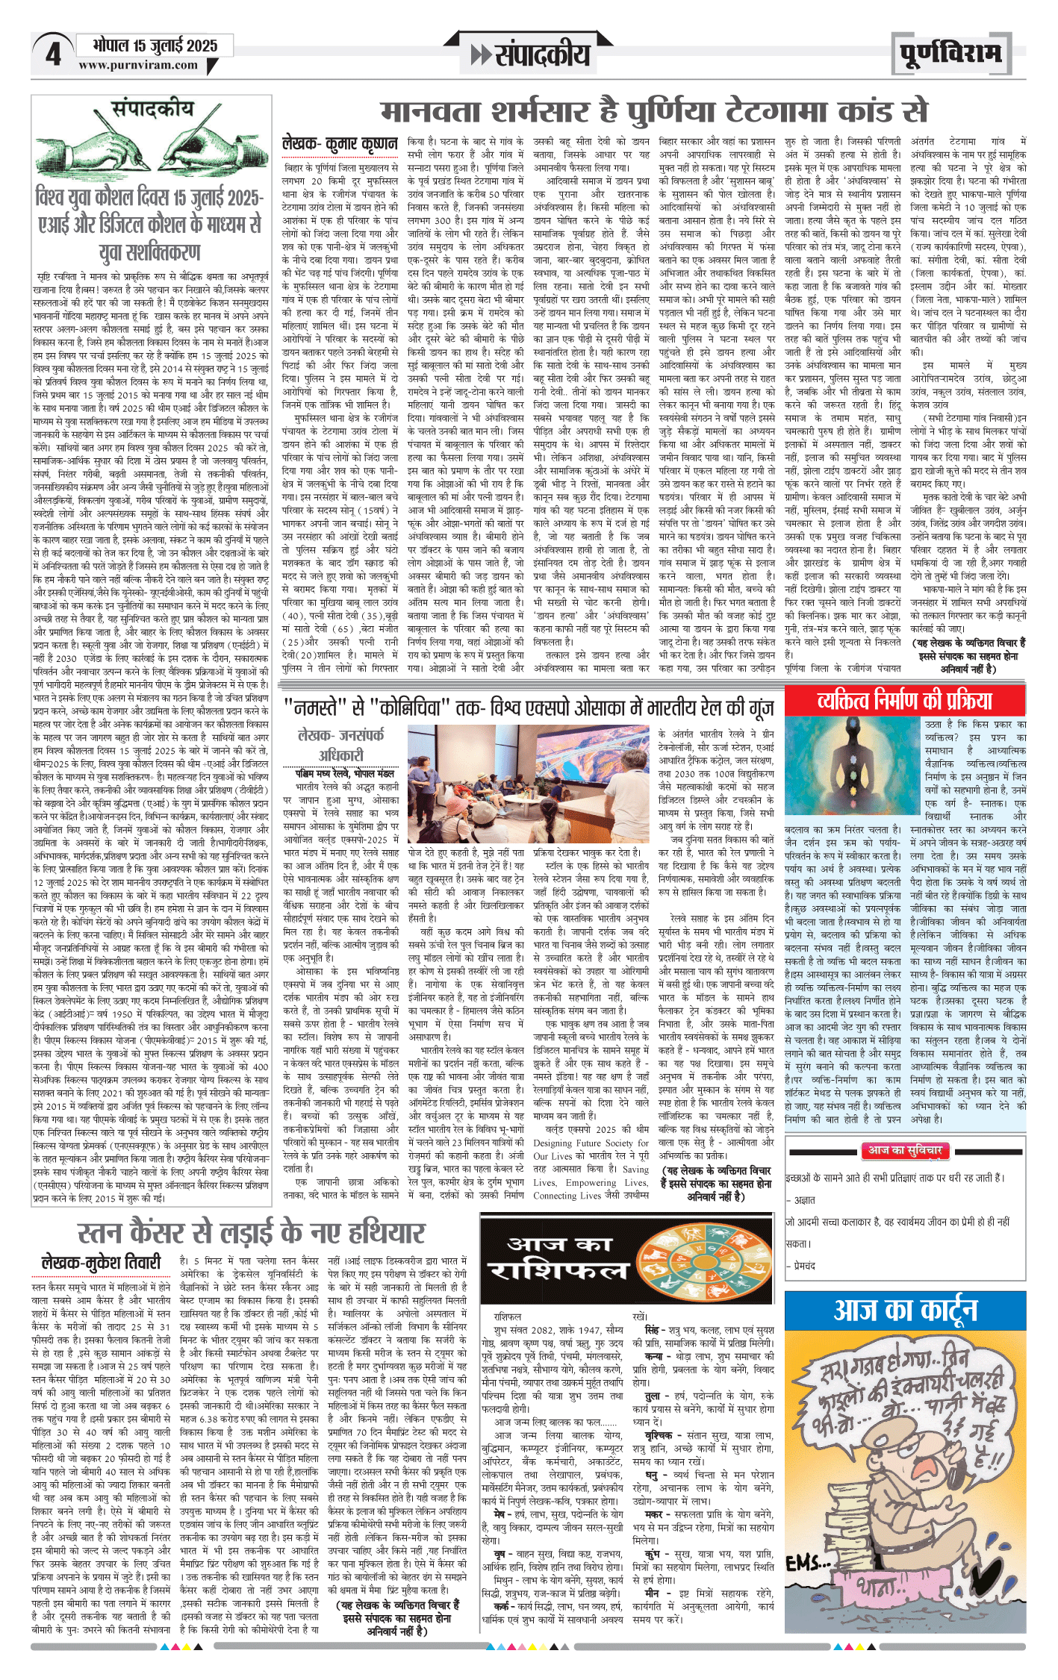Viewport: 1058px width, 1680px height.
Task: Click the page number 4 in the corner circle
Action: click(52, 54)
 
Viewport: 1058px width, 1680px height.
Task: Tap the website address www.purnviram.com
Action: click(138, 66)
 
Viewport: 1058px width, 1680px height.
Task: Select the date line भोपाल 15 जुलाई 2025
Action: click(155, 46)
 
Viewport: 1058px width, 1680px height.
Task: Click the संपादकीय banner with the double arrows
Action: click(530, 54)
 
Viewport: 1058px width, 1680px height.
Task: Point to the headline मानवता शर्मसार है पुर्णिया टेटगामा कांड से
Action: click(653, 111)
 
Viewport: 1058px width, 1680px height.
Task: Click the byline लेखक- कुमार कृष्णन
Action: click(340, 143)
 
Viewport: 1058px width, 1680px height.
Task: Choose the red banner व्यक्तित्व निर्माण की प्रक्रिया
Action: click(904, 701)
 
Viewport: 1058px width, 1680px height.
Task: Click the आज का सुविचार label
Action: click(903, 1150)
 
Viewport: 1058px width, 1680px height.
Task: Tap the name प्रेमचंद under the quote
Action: click(805, 1266)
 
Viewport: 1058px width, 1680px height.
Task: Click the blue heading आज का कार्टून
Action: click(905, 1311)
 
